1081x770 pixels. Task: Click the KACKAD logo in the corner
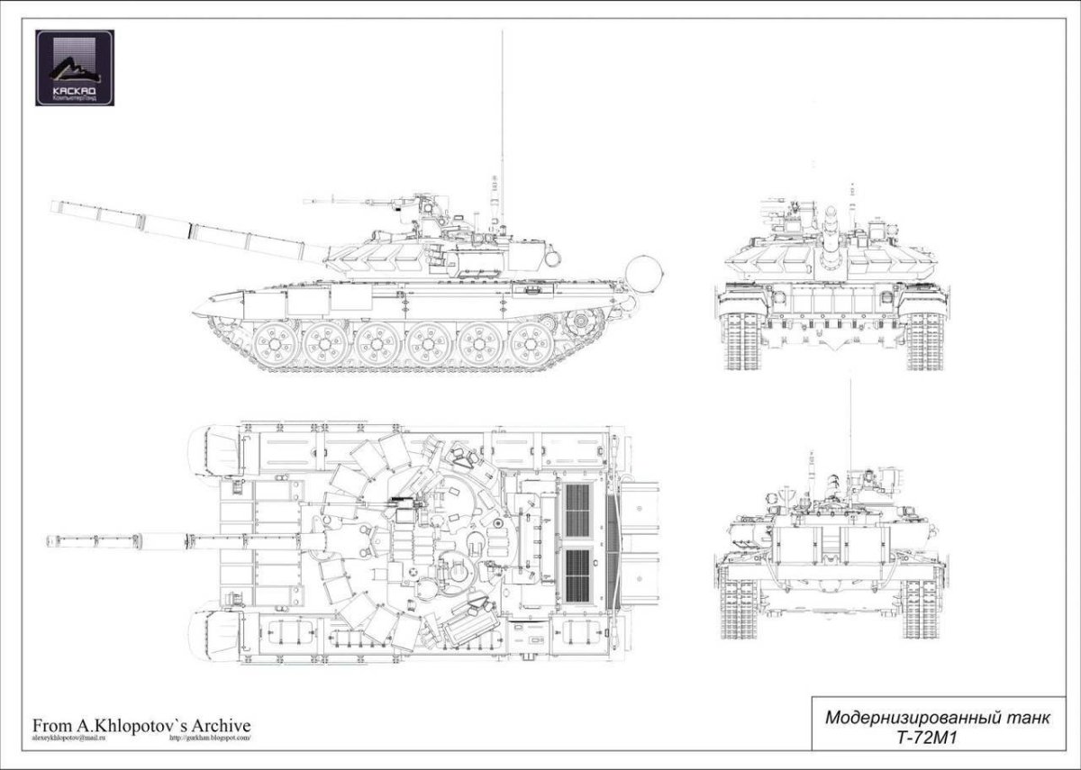(75, 68)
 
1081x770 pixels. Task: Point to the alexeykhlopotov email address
(67, 738)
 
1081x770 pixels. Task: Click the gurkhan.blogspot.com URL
(210, 738)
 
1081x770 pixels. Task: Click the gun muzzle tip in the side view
(54, 206)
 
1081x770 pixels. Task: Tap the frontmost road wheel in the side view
(270, 344)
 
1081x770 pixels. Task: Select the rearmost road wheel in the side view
(531, 344)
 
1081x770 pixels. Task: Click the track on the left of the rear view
(738, 608)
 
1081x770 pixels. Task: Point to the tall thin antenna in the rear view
(849, 423)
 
